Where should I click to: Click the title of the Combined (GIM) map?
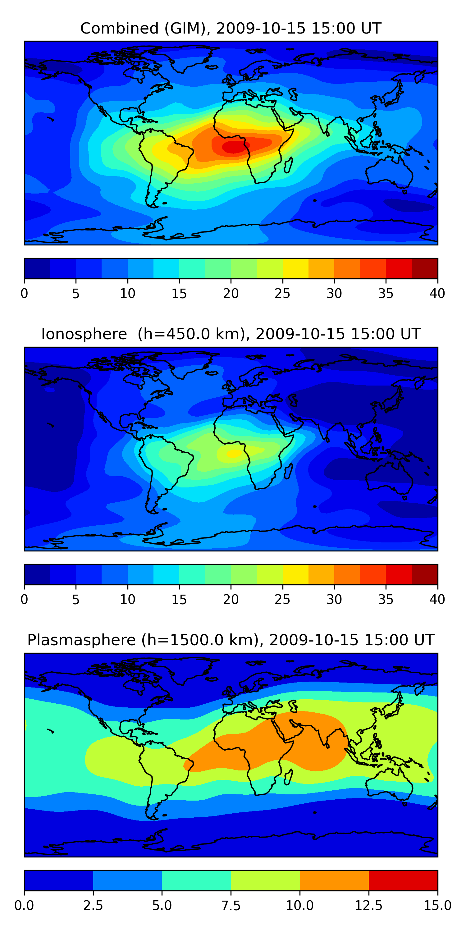click(231, 28)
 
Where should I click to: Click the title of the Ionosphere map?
click(231, 334)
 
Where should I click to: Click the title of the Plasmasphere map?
click(231, 640)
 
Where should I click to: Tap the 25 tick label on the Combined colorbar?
click(282, 293)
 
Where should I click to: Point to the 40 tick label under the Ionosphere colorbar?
click(437, 600)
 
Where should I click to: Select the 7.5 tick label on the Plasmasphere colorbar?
click(231, 906)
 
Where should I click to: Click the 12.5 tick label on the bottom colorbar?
click(368, 906)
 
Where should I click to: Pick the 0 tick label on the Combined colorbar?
click(24, 293)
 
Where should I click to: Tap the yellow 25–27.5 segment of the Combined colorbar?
click(295, 268)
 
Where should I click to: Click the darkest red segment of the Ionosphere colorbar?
click(424, 574)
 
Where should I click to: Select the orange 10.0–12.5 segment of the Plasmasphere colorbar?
click(334, 880)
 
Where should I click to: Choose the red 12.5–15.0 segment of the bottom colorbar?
click(403, 880)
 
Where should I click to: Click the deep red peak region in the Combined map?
click(234, 147)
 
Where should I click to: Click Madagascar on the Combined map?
click(288, 166)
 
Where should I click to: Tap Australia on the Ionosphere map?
click(389, 477)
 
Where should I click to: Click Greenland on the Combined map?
click(188, 58)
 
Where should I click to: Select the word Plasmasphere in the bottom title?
click(81, 640)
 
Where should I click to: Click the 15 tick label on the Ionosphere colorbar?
click(179, 600)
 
